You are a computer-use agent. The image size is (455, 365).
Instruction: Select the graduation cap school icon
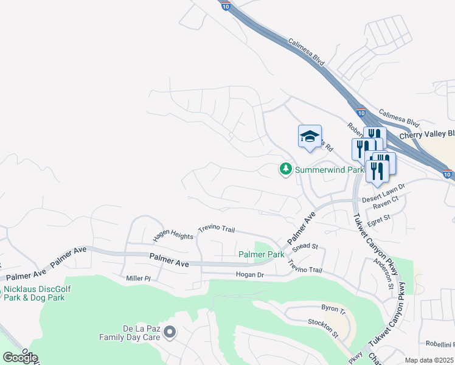310,137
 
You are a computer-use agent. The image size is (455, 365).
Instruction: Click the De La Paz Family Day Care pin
170,332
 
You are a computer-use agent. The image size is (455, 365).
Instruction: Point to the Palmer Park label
261,254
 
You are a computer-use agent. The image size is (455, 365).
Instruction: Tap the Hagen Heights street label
172,234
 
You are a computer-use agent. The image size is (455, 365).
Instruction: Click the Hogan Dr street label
249,275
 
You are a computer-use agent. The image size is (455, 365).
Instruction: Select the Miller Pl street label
138,278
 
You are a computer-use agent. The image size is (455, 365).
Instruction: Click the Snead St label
305,246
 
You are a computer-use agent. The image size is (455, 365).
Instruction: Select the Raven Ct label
386,199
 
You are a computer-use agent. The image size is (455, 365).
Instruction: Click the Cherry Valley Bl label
426,134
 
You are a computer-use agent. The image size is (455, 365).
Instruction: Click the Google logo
20,358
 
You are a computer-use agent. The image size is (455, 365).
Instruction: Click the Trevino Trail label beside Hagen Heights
216,229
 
